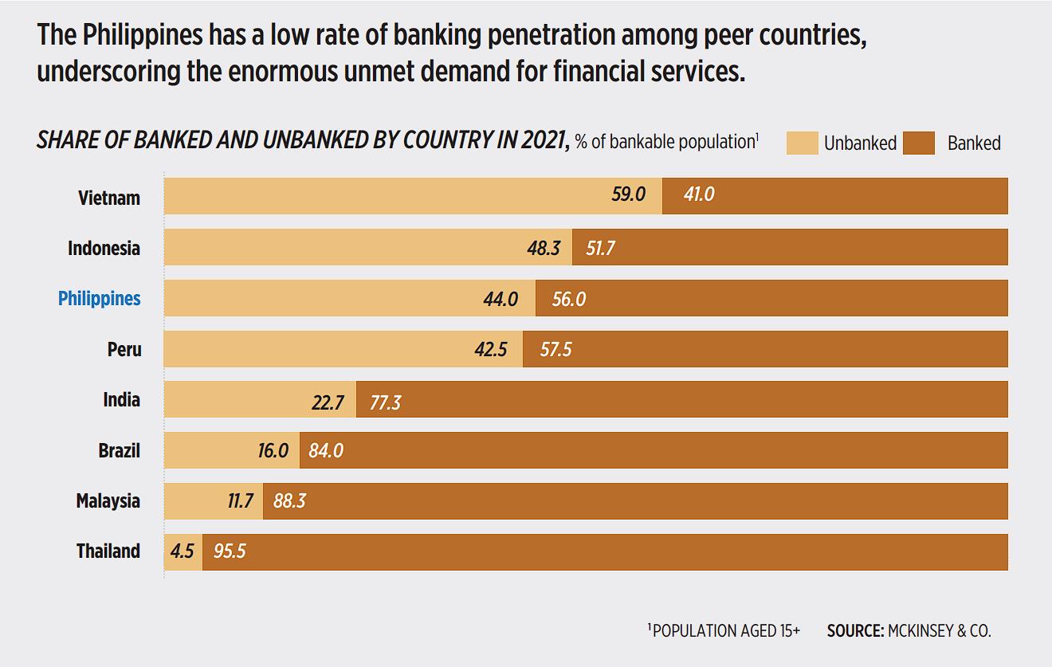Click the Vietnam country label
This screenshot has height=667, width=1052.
(x=109, y=198)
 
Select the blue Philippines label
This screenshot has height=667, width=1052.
(x=100, y=299)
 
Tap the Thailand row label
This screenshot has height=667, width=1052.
(x=108, y=551)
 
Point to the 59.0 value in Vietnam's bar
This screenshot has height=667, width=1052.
(x=628, y=194)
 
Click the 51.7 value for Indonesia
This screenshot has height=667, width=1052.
(x=600, y=249)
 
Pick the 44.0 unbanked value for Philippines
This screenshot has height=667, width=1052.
(x=500, y=300)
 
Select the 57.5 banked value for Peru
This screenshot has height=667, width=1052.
(x=555, y=350)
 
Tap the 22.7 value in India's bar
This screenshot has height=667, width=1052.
(x=328, y=403)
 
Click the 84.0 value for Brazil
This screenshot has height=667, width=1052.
(x=325, y=451)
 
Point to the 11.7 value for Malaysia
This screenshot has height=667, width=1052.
(x=240, y=501)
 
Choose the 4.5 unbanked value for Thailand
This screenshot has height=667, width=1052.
(x=182, y=551)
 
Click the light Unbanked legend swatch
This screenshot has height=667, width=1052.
(x=802, y=143)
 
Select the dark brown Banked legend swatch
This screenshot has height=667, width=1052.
(x=919, y=143)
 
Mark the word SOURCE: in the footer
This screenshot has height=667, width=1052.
(x=855, y=631)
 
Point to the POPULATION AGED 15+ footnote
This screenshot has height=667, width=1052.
(x=726, y=631)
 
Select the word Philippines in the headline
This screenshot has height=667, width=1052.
(x=140, y=35)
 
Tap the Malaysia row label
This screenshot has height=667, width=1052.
(x=108, y=501)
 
